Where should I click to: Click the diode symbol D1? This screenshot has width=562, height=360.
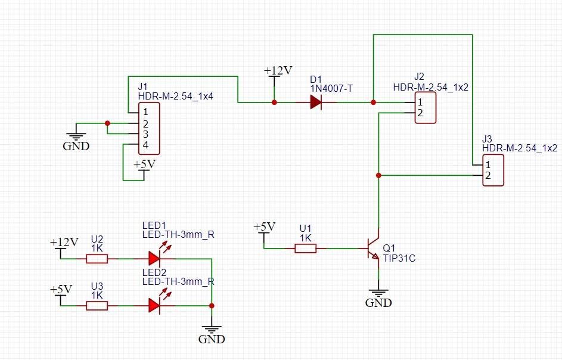[x=316, y=103]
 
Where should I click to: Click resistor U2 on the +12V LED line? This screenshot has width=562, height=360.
[x=97, y=259]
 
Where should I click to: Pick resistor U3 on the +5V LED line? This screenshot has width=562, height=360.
[x=97, y=305]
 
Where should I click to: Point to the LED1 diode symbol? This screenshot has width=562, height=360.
[x=154, y=259]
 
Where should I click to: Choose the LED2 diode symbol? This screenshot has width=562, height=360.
[x=154, y=305]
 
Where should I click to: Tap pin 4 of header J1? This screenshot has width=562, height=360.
[x=145, y=145]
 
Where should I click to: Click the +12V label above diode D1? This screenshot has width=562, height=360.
[x=278, y=71]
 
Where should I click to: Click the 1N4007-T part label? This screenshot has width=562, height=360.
[x=331, y=88]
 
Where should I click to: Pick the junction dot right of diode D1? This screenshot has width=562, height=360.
[x=373, y=103]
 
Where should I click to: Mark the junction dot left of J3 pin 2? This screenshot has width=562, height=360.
[x=378, y=175]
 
